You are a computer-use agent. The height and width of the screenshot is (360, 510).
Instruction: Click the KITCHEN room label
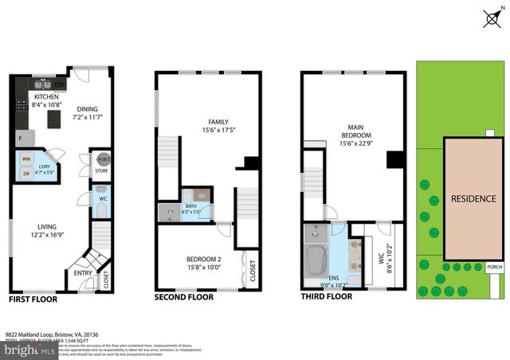click(x=45, y=96)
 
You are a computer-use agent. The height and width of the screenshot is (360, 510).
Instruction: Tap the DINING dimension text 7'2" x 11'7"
click(x=87, y=117)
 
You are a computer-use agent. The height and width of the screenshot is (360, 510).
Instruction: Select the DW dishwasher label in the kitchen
click(x=60, y=84)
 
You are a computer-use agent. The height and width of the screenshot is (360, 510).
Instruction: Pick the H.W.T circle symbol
click(x=102, y=158)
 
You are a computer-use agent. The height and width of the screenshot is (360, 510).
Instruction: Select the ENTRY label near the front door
click(x=82, y=272)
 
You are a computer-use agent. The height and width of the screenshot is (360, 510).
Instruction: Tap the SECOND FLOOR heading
click(x=184, y=297)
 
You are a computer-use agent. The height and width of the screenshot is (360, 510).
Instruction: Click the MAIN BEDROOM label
click(x=355, y=131)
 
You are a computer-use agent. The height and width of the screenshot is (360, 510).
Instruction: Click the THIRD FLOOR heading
click(x=326, y=297)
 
